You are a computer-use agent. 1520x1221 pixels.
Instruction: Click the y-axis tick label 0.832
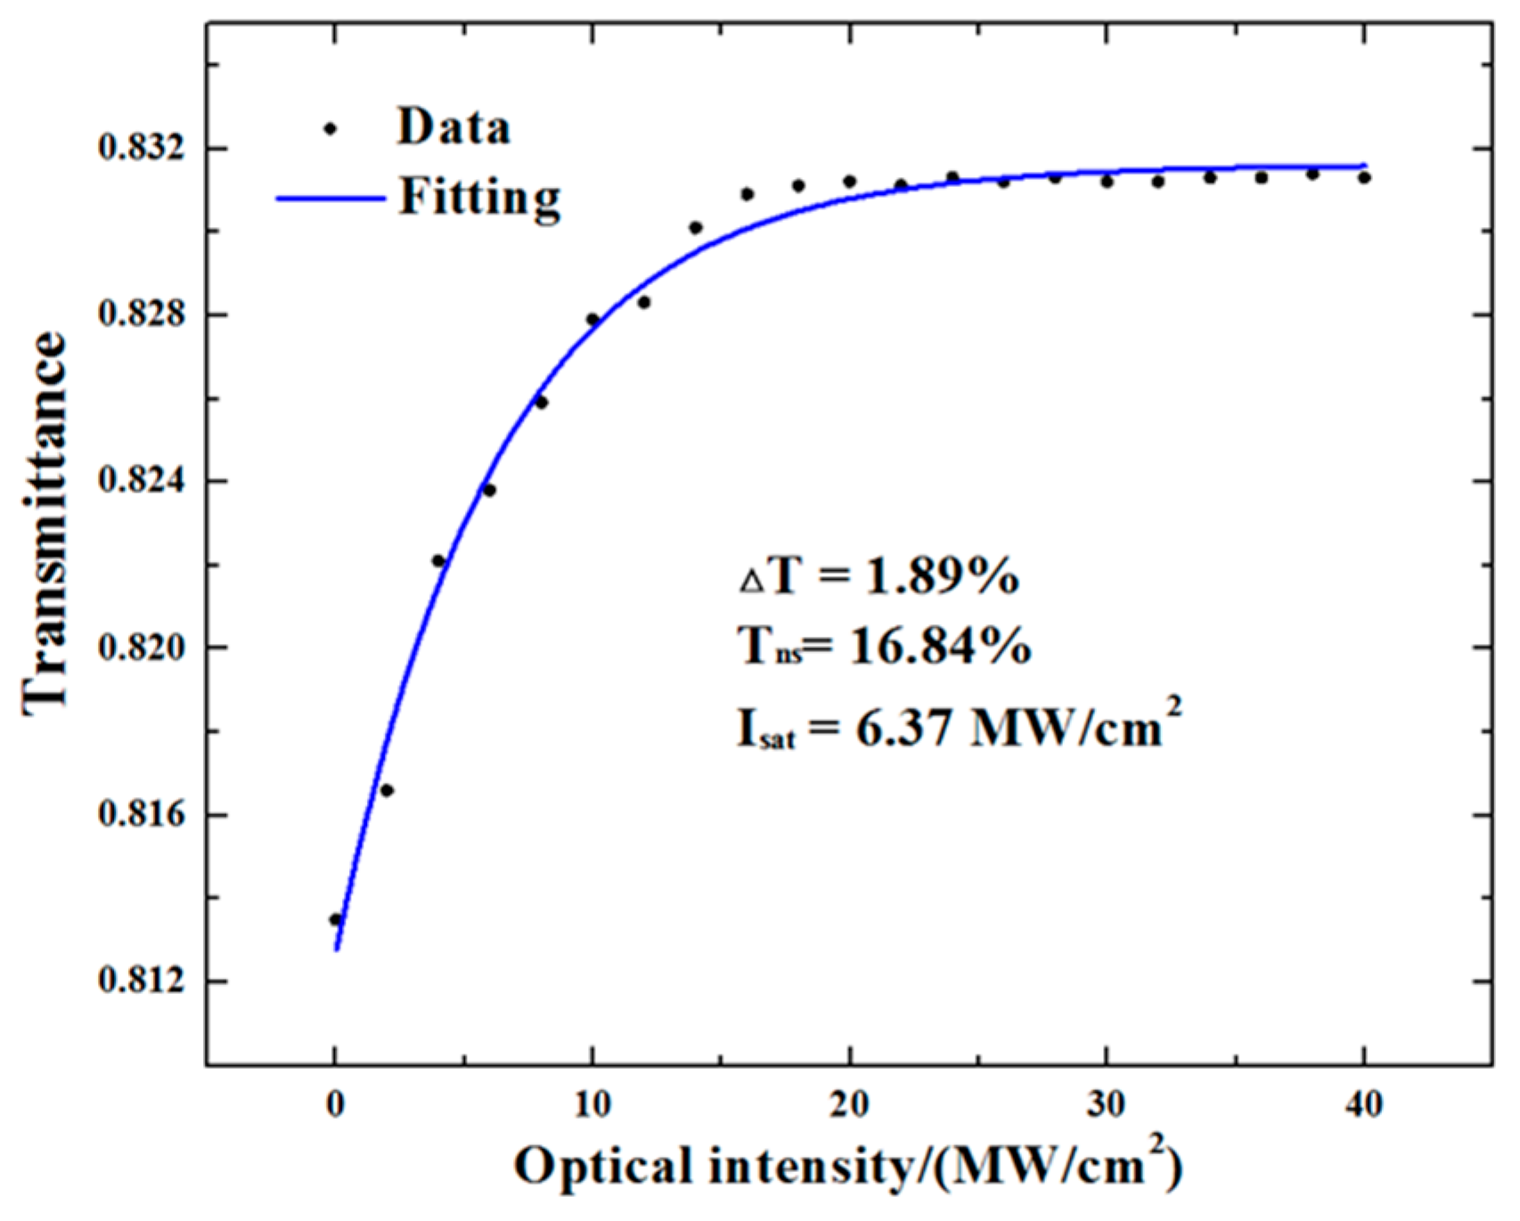137,148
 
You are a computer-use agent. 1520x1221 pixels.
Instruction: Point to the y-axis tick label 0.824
137,481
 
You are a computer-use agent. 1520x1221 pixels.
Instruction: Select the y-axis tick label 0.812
137,981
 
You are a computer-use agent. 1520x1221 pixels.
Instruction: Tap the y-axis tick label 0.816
137,815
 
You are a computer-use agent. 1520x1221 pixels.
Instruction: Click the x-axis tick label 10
592,1104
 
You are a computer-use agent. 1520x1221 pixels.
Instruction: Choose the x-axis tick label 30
1107,1104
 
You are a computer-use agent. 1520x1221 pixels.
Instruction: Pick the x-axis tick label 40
1363,1104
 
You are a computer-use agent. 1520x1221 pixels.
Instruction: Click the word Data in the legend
454,127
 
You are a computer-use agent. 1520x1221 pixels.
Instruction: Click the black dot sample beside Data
331,129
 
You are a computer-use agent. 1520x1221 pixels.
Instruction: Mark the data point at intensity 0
336,920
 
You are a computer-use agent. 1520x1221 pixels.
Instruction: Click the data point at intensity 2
387,790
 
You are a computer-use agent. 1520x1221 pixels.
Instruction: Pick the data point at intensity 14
696,228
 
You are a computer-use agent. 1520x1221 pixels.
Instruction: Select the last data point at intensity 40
1364,178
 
